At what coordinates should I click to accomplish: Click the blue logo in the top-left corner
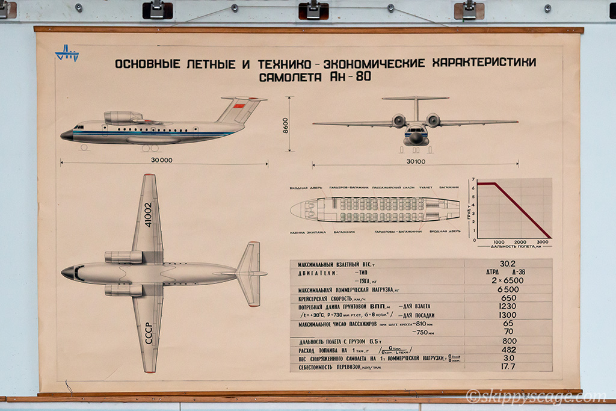pyautogui.click(x=67, y=54)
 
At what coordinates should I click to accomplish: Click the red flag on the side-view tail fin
pyautogui.click(x=239, y=107)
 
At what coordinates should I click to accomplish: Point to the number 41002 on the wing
pyautogui.click(x=148, y=217)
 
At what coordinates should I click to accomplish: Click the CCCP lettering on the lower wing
pyautogui.click(x=148, y=332)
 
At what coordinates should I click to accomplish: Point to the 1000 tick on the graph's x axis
pyautogui.click(x=499, y=242)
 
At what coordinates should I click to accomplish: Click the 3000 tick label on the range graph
pyautogui.click(x=543, y=242)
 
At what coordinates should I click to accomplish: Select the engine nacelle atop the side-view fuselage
pyautogui.click(x=123, y=117)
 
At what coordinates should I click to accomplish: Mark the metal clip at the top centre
pyautogui.click(x=313, y=9)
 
